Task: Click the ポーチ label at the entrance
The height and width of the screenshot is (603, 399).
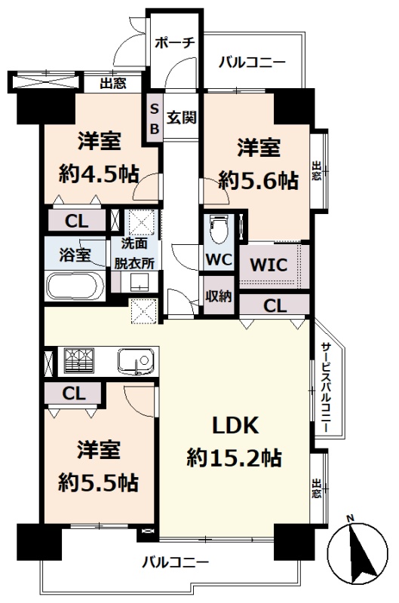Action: pos(175,43)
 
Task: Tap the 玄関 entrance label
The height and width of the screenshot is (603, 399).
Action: pos(181,118)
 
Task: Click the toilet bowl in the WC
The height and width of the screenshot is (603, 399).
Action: pos(218,229)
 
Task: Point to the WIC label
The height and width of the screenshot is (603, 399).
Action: pos(269,265)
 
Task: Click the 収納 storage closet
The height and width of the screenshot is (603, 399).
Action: pos(218,295)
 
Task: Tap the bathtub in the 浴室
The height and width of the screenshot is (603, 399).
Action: pos(75,286)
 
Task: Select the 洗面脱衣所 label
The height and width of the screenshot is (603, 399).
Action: pos(135,253)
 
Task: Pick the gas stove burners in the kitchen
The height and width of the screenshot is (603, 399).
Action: pos(79,360)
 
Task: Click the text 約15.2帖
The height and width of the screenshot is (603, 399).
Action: pos(234,458)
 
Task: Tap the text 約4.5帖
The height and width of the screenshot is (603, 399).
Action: pos(99,175)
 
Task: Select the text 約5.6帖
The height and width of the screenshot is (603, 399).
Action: pos(258,180)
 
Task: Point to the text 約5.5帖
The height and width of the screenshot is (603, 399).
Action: pos(99,482)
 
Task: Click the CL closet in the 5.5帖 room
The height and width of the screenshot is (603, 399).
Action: pos(73,393)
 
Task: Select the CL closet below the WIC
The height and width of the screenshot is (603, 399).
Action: pos(275,305)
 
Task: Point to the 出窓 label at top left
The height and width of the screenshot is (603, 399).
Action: pos(113,83)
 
